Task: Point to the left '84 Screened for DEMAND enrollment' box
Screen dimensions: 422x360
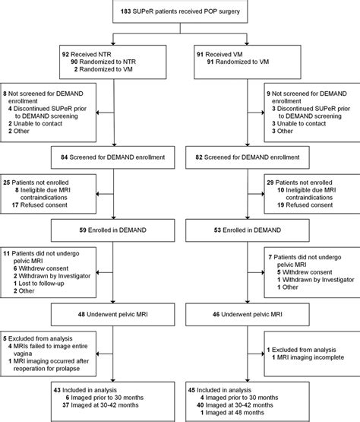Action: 113,157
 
